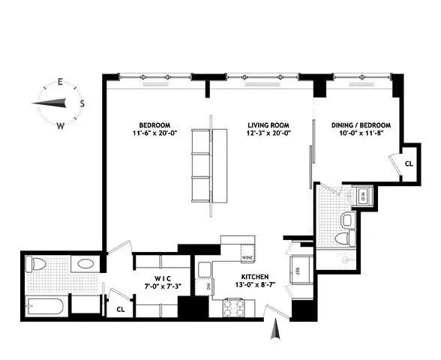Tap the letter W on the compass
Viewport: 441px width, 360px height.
point(60,126)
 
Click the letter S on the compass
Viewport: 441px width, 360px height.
point(82,103)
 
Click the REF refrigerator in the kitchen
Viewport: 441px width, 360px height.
point(298,271)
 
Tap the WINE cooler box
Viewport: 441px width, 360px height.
point(247,257)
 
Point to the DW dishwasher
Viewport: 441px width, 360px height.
point(202,285)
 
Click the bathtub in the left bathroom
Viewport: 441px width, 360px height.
point(45,306)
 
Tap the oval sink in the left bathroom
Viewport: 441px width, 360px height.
point(85,265)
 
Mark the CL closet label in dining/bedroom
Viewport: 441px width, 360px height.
point(409,163)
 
